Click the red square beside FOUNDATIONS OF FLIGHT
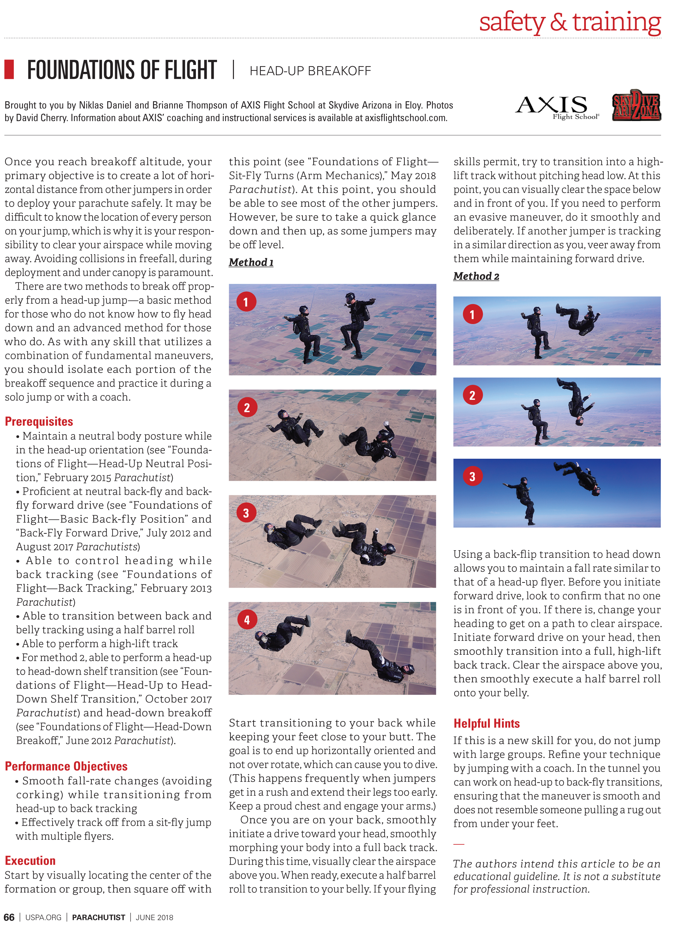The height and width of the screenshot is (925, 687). click(9, 69)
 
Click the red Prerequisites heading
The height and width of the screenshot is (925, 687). click(39, 422)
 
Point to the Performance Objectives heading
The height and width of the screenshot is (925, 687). click(66, 766)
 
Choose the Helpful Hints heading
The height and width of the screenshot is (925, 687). click(486, 724)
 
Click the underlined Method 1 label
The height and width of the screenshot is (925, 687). click(251, 262)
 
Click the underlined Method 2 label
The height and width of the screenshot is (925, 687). click(476, 276)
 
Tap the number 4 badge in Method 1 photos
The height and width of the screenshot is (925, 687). click(247, 620)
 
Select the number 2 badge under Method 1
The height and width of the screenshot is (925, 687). click(247, 408)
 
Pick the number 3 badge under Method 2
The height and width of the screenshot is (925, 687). click(472, 477)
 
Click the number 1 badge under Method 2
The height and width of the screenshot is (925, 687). click(472, 315)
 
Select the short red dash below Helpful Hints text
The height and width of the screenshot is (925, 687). click(458, 844)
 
